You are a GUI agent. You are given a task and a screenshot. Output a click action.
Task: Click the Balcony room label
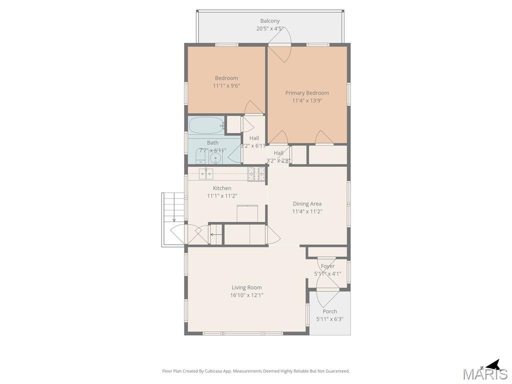pos(269,21)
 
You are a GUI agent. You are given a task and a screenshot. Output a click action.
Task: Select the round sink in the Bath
pos(215,158)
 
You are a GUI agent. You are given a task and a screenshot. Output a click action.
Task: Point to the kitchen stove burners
pos(256,174)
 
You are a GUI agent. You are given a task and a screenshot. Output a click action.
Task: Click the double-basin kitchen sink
pos(206,173)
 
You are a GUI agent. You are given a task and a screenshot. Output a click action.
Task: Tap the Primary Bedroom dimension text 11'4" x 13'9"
pos(307,100)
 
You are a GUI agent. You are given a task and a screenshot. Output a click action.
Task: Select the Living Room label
pos(246,287)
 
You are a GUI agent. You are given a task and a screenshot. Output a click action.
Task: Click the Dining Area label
pos(307,203)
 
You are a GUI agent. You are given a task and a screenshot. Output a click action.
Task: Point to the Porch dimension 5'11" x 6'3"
pos(329,319)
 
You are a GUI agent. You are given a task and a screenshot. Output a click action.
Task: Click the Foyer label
pos(328,266)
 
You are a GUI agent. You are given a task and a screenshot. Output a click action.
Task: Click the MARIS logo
pos(484,374)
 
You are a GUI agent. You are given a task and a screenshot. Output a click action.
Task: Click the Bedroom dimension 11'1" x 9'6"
pos(226,85)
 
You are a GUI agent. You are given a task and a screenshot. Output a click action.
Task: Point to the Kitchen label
pos(222,188)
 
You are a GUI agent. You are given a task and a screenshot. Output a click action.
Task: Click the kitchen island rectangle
pos(247,212)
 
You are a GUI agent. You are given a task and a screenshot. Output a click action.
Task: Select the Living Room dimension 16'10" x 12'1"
pos(246,295)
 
